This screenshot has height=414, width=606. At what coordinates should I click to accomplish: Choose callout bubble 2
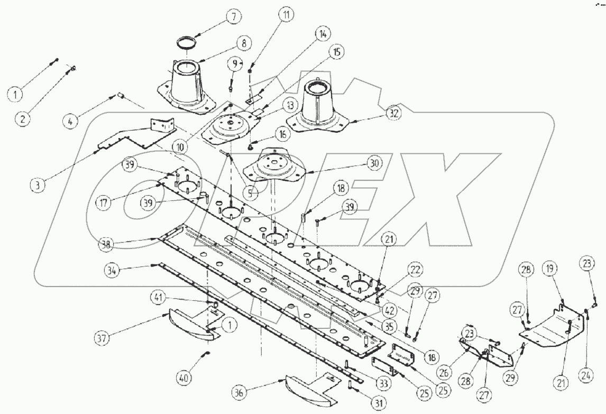coord(22,119)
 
